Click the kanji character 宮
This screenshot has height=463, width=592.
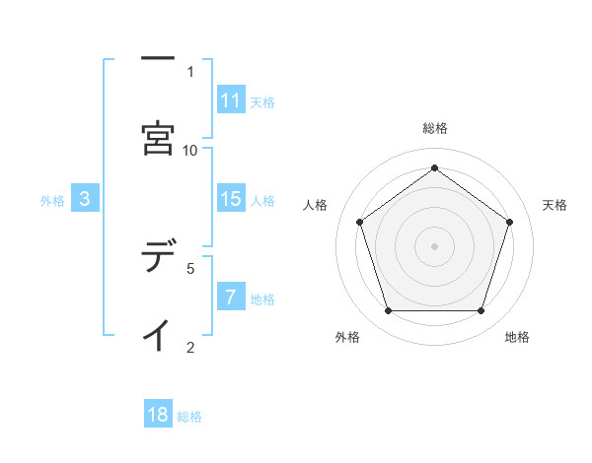[158, 139]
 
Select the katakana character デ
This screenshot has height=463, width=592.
[158, 258]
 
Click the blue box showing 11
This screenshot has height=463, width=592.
[231, 100]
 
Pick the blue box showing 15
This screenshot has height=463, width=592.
[231, 199]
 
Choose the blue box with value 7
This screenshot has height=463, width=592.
[231, 298]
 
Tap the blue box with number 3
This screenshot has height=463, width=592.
[85, 199]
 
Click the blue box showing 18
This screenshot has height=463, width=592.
[158, 415]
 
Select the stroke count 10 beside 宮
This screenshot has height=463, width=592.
[190, 150]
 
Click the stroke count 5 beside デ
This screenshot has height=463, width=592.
[190, 266]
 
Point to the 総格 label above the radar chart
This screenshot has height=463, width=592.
[435, 128]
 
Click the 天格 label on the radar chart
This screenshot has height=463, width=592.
[555, 205]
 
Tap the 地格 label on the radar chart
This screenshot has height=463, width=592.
[517, 337]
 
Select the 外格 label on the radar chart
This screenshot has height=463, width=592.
[347, 337]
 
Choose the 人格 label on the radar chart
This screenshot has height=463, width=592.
[315, 205]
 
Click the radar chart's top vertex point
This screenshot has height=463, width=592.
[435, 167]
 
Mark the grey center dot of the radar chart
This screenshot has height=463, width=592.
[435, 245]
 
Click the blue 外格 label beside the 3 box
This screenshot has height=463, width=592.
[52, 200]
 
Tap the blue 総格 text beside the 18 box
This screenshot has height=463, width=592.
[189, 417]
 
